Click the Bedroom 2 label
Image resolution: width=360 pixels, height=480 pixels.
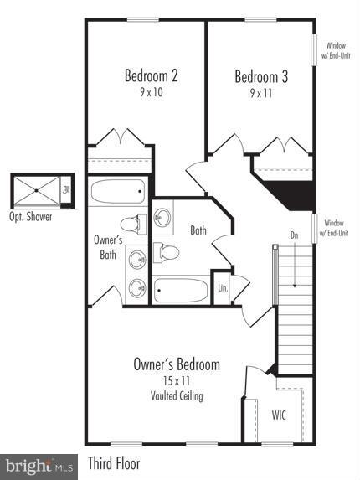coord(151,75)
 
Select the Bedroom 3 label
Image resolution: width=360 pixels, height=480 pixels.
coord(261,77)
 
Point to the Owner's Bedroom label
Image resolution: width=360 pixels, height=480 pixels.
coord(177,364)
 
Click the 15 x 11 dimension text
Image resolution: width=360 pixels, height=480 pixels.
coord(177,381)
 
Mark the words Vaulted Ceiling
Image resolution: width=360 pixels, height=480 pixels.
coord(177,395)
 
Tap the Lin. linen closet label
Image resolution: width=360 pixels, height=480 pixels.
coord(222,287)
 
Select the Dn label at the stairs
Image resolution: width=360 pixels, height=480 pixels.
coord(294,235)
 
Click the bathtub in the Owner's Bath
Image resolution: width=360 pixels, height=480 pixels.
coord(118,194)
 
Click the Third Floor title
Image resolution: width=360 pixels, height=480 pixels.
coord(114,463)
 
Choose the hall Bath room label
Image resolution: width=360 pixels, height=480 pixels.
coord(198,229)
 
